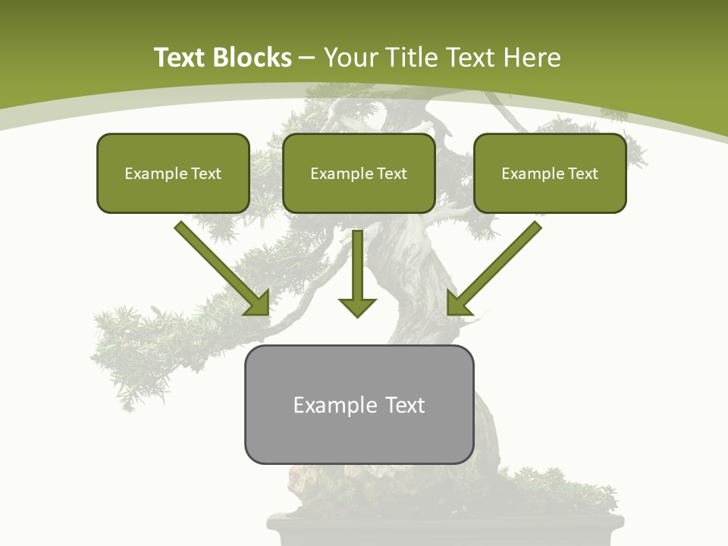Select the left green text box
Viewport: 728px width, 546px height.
(173, 174)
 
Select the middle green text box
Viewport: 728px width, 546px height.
(359, 174)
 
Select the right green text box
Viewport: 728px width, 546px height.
(550, 174)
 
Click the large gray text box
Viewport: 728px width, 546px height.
(359, 404)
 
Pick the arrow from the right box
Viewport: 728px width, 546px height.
(497, 265)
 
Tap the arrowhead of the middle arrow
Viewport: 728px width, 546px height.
(357, 306)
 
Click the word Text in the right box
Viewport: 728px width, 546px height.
(583, 174)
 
